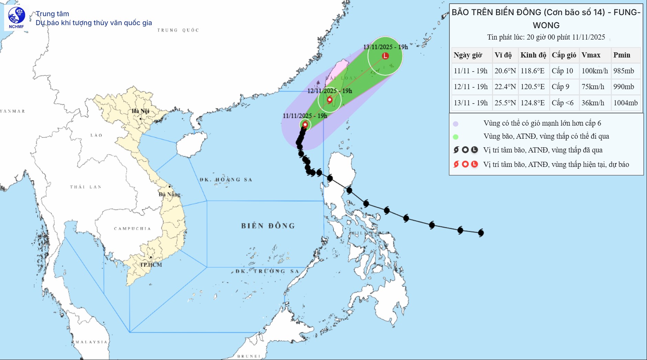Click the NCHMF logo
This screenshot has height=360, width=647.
pyautogui.click(x=16, y=18)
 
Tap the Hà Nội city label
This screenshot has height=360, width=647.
pyautogui.click(x=140, y=111)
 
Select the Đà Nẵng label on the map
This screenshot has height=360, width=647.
pyautogui.click(x=169, y=194)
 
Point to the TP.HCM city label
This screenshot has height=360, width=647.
pyautogui.click(x=151, y=265)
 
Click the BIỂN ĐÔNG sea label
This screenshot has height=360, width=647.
pyautogui.click(x=268, y=226)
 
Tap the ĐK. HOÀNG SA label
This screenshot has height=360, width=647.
pyautogui.click(x=226, y=180)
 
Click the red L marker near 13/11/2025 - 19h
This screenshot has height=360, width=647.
pyautogui.click(x=385, y=56)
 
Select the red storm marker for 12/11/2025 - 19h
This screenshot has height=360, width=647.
pyautogui.click(x=330, y=100)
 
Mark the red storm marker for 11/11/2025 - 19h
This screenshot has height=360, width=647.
pyautogui.click(x=305, y=125)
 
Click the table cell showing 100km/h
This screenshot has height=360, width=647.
pyautogui.click(x=595, y=71)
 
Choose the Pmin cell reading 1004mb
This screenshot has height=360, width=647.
pyautogui.click(x=625, y=103)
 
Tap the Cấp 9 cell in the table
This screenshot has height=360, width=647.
pyautogui.click(x=561, y=87)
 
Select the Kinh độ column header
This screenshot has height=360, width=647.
pyautogui.click(x=533, y=55)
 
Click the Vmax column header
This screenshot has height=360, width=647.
pyautogui.click(x=591, y=55)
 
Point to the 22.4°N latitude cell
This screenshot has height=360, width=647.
pyautogui.click(x=505, y=87)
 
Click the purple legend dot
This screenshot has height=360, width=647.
pyautogui.click(x=456, y=124)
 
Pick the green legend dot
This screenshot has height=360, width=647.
pyautogui.click(x=456, y=137)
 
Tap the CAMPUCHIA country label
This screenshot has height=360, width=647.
pyautogui.click(x=132, y=229)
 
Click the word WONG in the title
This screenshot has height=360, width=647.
pyautogui.click(x=546, y=25)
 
